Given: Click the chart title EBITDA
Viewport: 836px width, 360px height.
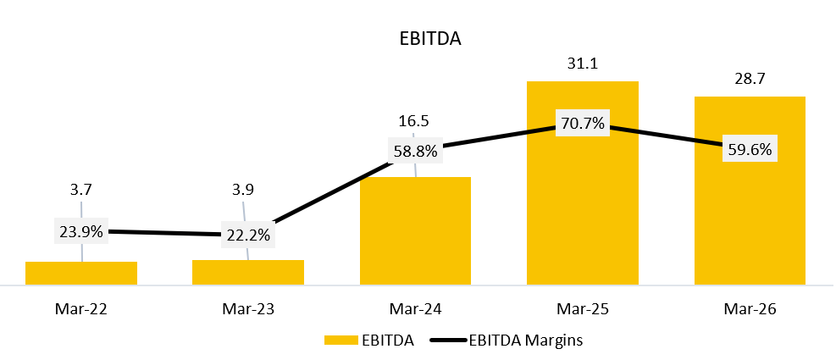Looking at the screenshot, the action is click(x=430, y=40).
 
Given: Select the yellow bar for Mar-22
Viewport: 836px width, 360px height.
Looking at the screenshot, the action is click(x=81, y=273).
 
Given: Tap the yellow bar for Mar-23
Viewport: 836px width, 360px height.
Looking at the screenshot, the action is click(x=248, y=272).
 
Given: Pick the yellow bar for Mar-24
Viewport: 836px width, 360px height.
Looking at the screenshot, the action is click(x=415, y=231).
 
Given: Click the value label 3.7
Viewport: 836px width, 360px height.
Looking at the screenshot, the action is click(x=81, y=191).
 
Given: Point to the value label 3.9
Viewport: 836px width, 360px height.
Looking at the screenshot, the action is click(x=244, y=191).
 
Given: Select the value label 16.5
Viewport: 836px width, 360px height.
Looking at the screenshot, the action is click(x=413, y=121).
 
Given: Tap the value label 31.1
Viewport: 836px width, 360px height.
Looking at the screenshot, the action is click(x=583, y=64).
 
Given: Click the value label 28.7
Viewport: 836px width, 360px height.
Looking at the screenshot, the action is click(x=750, y=80).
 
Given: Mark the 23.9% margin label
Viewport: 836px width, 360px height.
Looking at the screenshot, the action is click(x=81, y=231).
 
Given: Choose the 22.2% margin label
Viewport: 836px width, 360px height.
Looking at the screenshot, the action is click(x=248, y=235).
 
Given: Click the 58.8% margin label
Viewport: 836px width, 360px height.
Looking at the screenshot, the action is click(x=415, y=151).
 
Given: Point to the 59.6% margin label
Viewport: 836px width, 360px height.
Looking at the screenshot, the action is click(x=750, y=149).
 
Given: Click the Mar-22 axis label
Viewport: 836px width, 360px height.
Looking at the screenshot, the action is click(x=81, y=309).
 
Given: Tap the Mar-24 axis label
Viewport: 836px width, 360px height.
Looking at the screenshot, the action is click(x=415, y=309).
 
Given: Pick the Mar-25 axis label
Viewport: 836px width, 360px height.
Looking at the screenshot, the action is click(x=583, y=309).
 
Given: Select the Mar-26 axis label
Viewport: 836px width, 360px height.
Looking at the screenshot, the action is click(x=750, y=309).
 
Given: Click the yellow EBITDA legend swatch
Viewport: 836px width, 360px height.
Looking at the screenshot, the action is click(x=341, y=341).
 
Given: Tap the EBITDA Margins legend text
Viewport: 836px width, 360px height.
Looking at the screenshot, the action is click(x=526, y=341).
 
